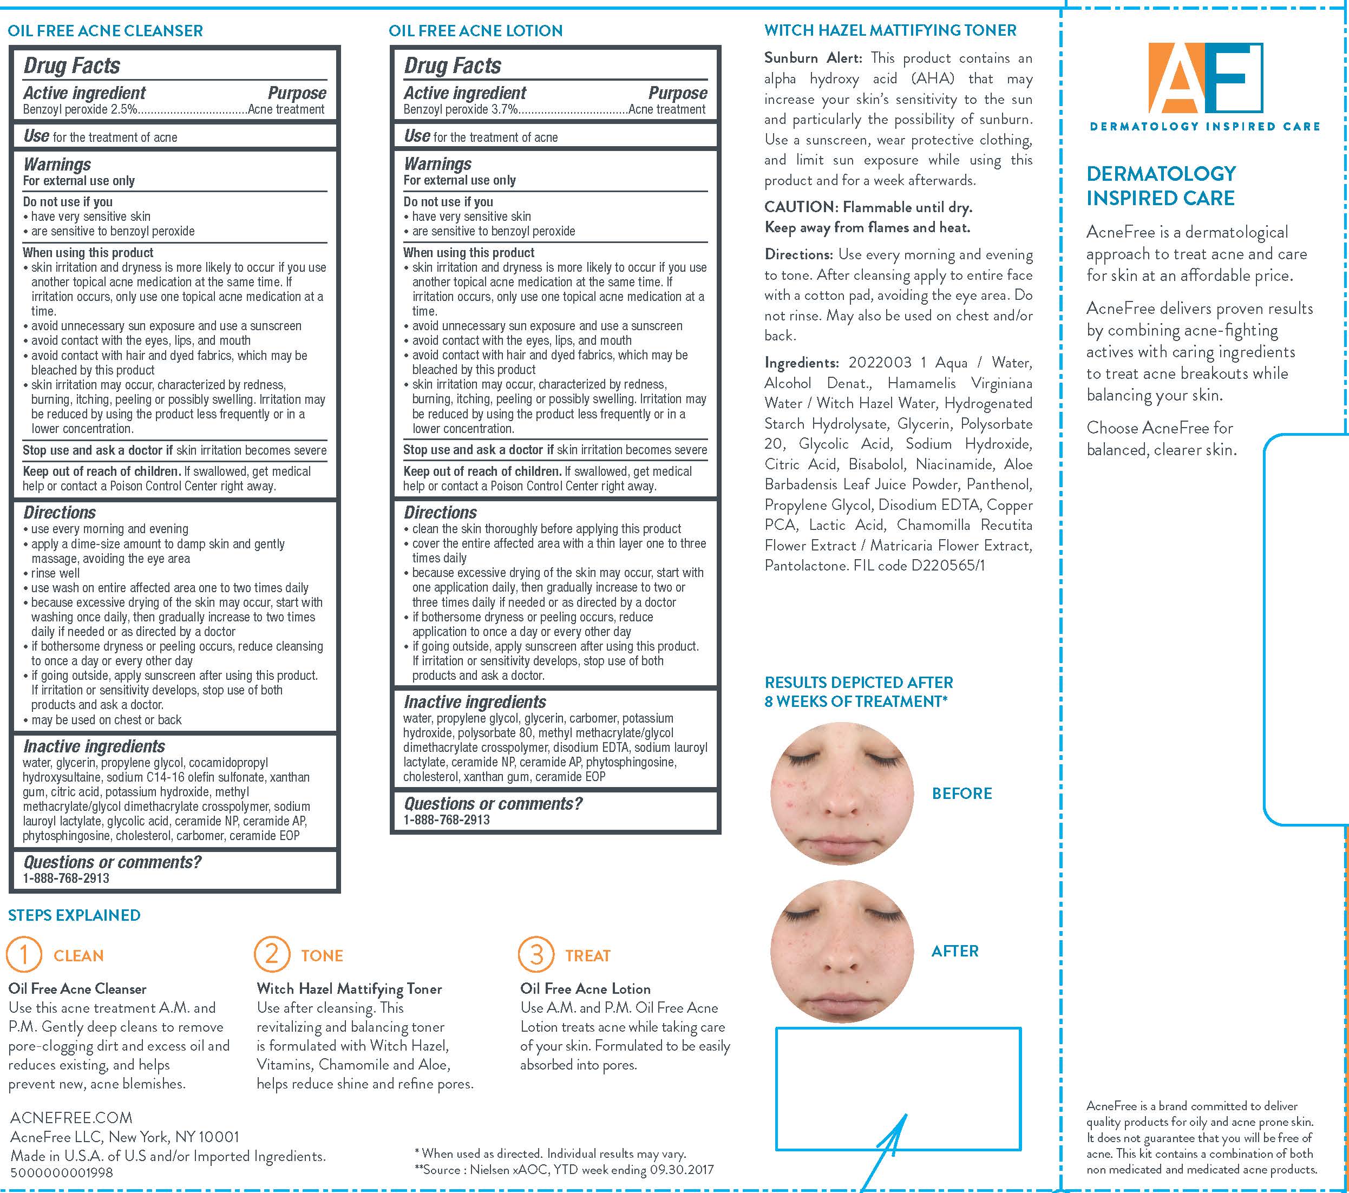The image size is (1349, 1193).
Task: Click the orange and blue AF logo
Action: (1205, 78)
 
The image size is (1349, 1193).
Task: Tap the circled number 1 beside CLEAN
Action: (24, 955)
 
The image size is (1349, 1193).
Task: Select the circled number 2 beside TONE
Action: (272, 955)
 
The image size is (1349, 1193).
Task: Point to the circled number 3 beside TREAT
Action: (536, 955)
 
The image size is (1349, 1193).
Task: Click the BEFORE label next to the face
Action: (961, 793)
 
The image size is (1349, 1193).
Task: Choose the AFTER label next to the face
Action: (955, 951)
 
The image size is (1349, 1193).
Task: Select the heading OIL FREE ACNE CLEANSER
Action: (106, 30)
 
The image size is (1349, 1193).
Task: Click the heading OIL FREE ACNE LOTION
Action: (475, 30)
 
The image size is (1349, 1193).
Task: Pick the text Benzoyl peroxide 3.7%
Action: (461, 109)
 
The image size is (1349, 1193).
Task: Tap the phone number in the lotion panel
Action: (447, 820)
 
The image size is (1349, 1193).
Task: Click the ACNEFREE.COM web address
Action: (71, 1118)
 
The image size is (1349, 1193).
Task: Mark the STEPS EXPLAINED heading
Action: (74, 915)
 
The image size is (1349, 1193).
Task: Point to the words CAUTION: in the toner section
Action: (801, 207)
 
